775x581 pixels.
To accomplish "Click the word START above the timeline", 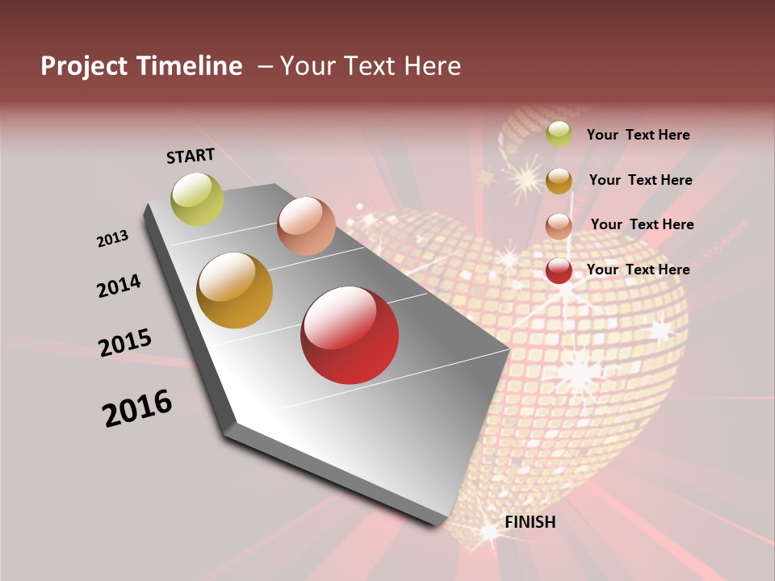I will click(191, 156).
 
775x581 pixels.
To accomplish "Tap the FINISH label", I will click(530, 522).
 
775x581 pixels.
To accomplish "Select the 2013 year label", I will click(113, 238).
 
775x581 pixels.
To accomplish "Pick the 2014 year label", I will click(119, 286).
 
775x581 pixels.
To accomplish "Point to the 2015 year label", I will click(125, 343).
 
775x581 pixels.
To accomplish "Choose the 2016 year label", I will click(137, 408).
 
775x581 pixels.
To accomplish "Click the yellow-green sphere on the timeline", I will click(197, 199).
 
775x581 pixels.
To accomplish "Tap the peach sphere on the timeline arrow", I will click(306, 226).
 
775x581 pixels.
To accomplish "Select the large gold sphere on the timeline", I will click(235, 290).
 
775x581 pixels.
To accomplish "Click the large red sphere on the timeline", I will click(350, 335).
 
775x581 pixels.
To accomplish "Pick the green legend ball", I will click(559, 135).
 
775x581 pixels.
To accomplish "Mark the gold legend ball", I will click(559, 181).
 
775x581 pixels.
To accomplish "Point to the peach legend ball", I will click(559, 226).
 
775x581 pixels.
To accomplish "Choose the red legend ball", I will click(559, 270).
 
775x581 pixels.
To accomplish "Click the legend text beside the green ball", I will click(638, 135).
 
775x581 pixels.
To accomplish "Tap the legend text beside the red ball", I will click(638, 270).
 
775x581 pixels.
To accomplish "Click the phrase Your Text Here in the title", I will click(371, 66).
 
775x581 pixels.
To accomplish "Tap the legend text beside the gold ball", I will click(640, 180).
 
